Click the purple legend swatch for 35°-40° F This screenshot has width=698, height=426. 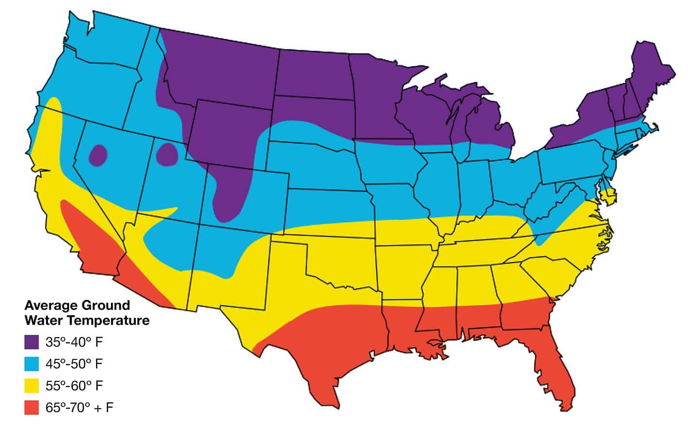tap(32, 342)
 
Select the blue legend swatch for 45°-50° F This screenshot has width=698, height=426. tap(32, 363)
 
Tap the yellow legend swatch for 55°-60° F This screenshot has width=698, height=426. tap(32, 386)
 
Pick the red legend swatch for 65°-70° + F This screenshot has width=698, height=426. tap(32, 408)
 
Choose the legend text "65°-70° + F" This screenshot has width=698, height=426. tap(79, 408)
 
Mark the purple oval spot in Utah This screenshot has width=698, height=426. tap(168, 154)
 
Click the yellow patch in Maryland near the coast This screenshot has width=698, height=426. tap(608, 197)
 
